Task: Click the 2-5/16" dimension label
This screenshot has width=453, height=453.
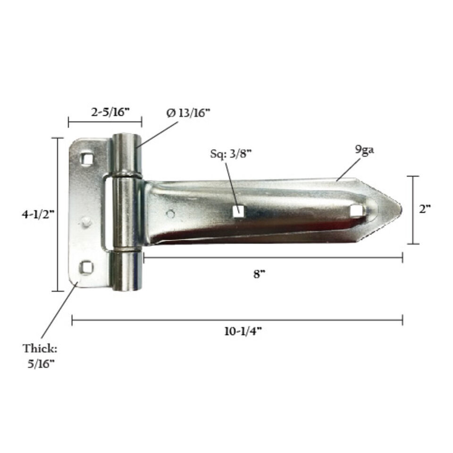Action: click(110, 112)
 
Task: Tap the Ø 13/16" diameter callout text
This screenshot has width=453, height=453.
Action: click(188, 113)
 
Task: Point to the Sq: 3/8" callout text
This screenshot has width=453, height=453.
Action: click(231, 153)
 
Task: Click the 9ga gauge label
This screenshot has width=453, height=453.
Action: click(364, 150)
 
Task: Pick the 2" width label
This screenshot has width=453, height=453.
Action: click(425, 209)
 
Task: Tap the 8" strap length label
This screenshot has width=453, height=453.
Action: click(259, 274)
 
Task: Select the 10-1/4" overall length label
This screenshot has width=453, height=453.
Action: click(243, 331)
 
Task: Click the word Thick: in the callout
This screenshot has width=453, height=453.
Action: click(40, 348)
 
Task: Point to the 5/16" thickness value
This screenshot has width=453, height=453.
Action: click(41, 364)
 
